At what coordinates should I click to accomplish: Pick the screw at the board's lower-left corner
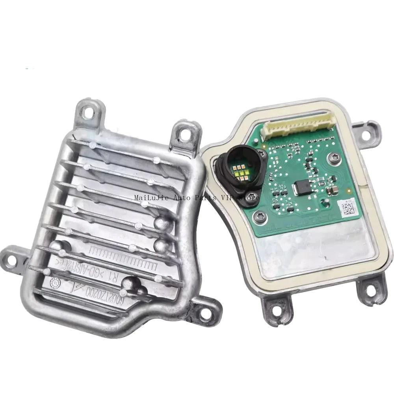pos(259,215)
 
